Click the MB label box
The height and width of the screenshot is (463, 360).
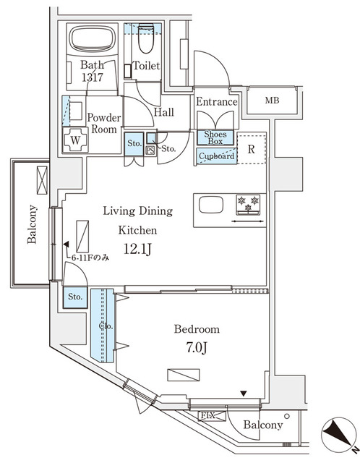coord(272,101)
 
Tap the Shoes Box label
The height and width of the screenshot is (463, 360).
coord(215,138)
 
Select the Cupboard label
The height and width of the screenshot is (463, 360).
coord(215,156)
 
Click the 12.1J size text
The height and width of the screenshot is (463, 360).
coord(137,250)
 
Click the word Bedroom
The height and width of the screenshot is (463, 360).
coord(197,329)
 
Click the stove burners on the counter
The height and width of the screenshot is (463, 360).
coord(247,204)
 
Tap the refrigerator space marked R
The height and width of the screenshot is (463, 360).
coord(251,150)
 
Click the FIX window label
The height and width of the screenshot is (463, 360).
coord(207,415)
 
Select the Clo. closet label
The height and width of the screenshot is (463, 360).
coord(103,326)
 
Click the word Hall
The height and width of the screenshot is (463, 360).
coord(163,113)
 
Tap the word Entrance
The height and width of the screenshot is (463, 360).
coord(217,102)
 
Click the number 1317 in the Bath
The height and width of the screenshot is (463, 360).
coord(92,77)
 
